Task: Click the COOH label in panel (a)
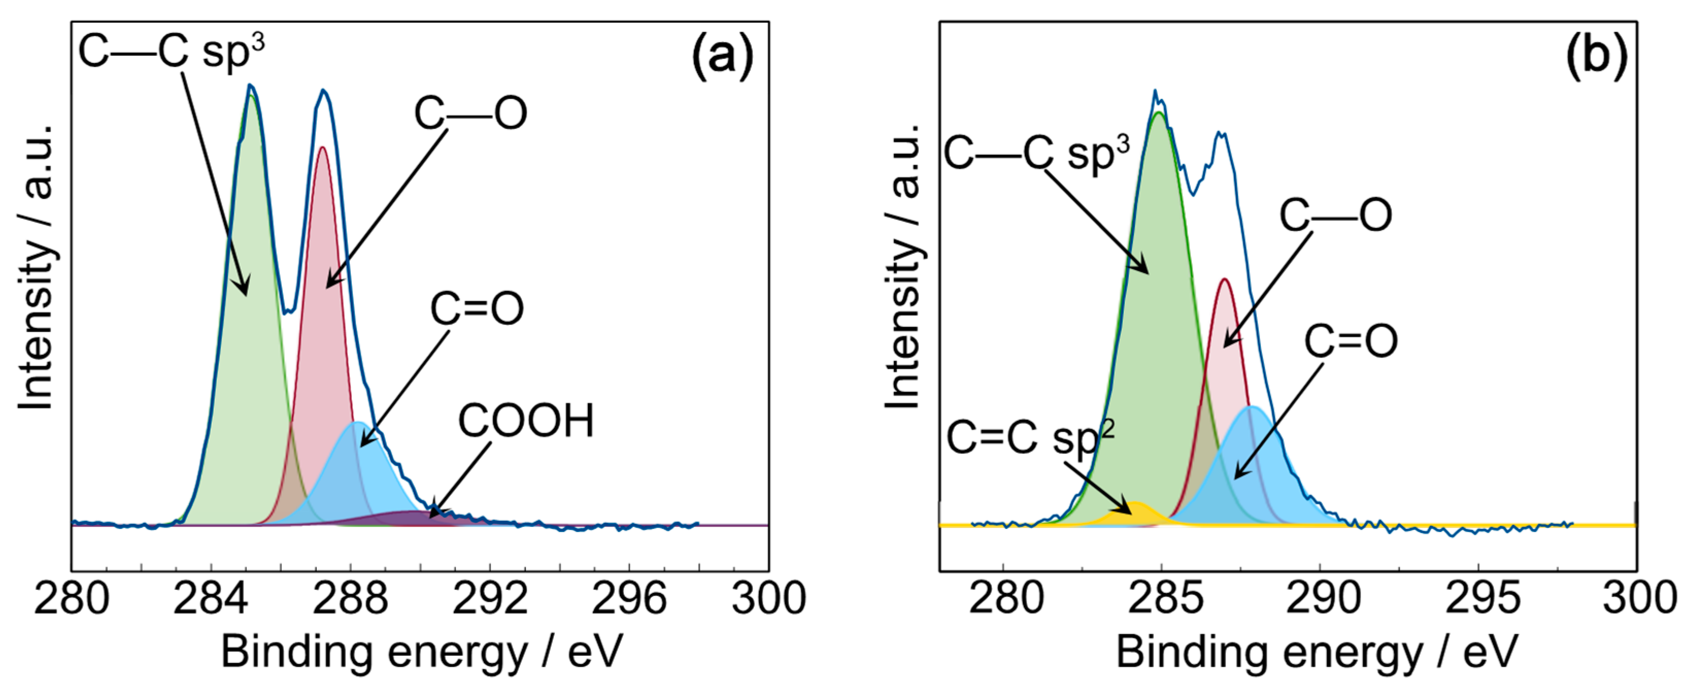pyautogui.click(x=526, y=421)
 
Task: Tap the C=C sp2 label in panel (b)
pyautogui.click(x=1030, y=438)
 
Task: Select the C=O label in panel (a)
pyautogui.click(x=477, y=309)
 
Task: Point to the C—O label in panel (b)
pyautogui.click(x=1335, y=215)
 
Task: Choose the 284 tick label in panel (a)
pyautogui.click(x=211, y=599)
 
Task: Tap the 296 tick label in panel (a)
pyautogui.click(x=629, y=599)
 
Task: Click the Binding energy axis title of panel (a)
pyautogui.click(x=420, y=653)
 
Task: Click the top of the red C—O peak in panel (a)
pyautogui.click(x=322, y=148)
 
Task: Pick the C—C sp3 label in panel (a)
pyautogui.click(x=172, y=51)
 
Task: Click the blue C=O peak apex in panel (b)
pyautogui.click(x=1254, y=408)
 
